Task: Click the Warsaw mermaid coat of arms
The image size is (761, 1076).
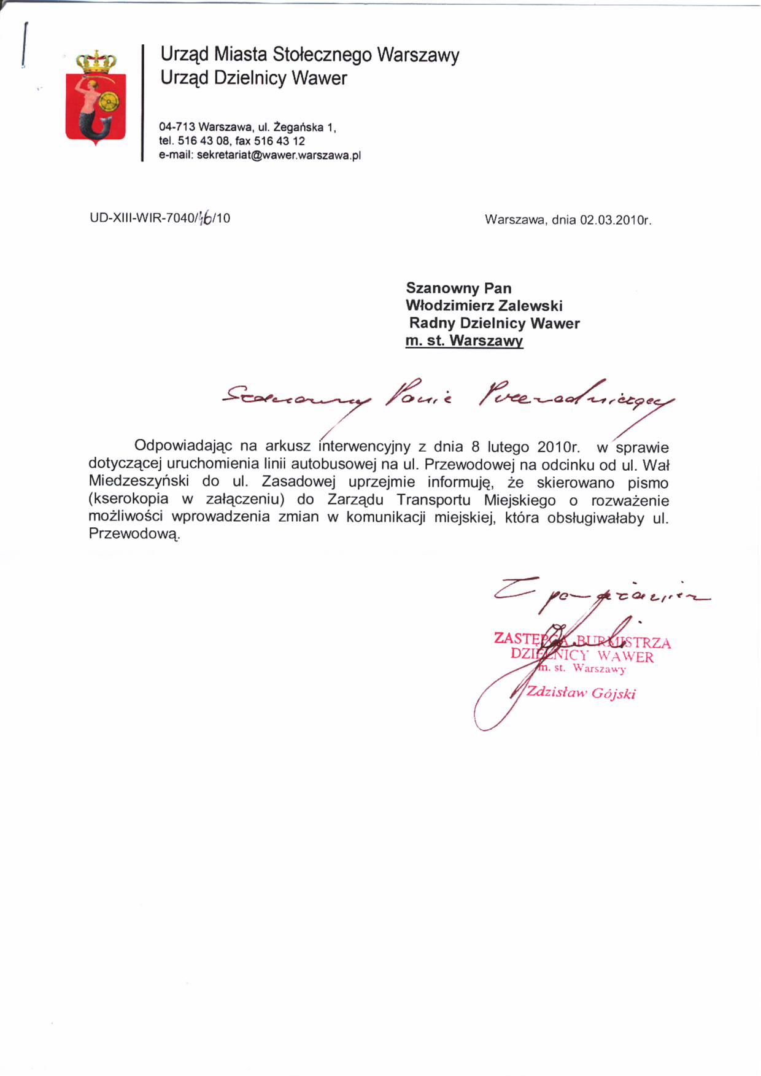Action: [x=96, y=98]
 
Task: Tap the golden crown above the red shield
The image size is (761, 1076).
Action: [x=96, y=61]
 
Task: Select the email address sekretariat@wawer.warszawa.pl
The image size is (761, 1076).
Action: [x=279, y=155]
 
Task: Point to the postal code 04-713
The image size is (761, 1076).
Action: [x=177, y=127]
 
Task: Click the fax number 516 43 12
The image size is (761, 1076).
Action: [x=279, y=141]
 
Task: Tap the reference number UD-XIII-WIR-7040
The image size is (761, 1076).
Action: [x=142, y=218]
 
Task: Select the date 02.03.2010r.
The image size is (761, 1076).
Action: [x=616, y=220]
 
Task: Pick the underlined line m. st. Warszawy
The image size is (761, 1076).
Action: [x=464, y=341]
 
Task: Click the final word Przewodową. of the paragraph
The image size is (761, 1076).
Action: [x=134, y=533]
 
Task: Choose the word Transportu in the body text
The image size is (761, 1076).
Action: [x=433, y=500]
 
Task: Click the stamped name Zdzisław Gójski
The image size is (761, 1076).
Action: [x=581, y=693]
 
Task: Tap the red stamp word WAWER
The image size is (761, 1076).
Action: [x=625, y=657]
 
